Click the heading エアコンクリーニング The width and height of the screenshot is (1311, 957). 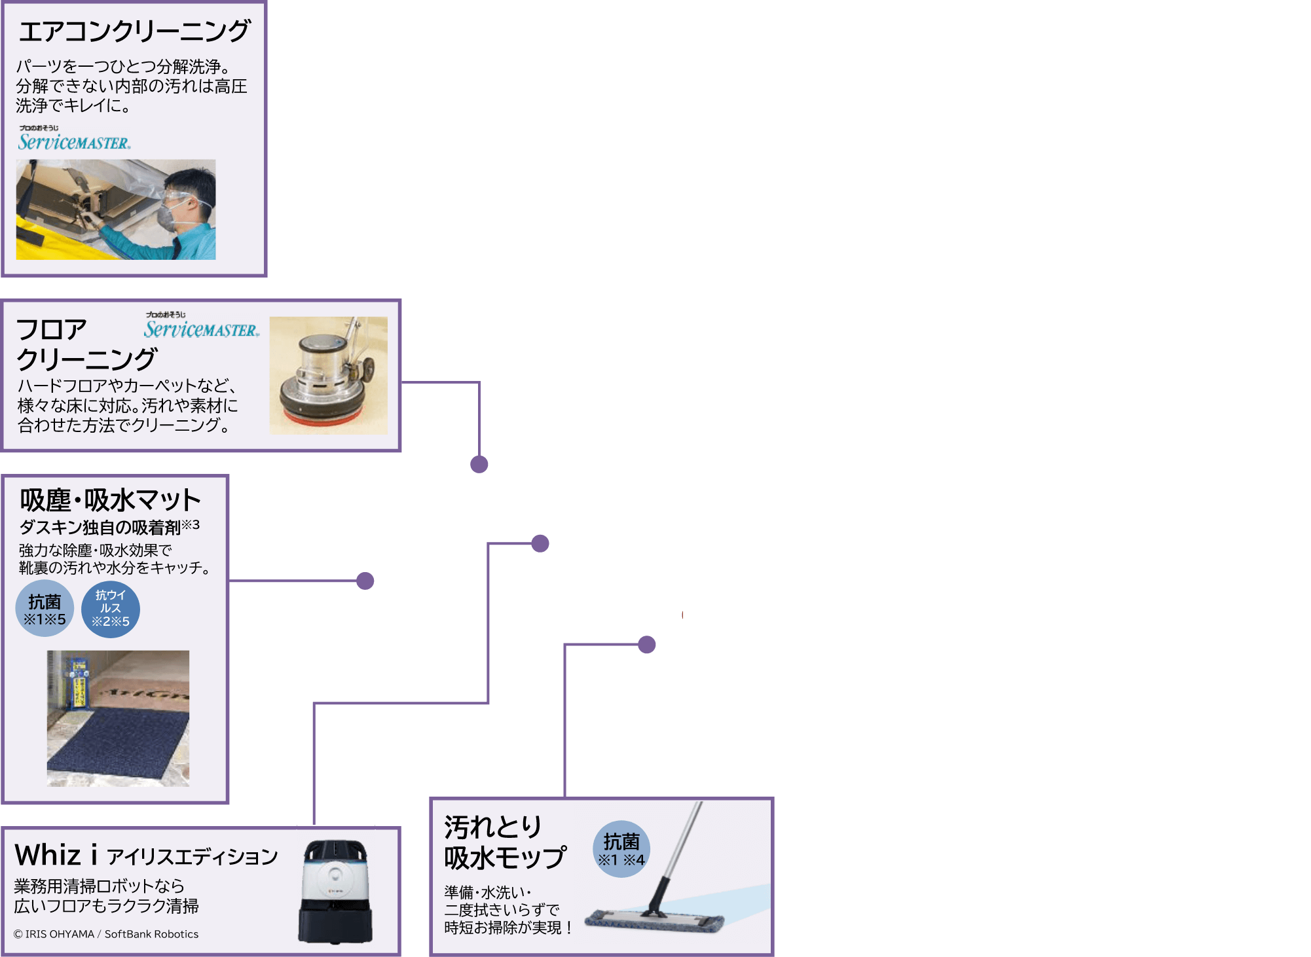[x=134, y=31]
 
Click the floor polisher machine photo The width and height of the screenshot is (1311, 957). [x=328, y=375]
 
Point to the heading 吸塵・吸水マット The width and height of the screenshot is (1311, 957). [x=110, y=500]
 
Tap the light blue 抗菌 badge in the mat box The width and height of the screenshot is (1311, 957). [x=45, y=608]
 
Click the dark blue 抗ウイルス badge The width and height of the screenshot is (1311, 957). [x=110, y=609]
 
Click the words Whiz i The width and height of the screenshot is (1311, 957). [x=56, y=855]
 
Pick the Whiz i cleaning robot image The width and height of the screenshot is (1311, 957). [x=336, y=890]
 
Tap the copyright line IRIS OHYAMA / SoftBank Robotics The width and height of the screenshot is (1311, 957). [x=106, y=934]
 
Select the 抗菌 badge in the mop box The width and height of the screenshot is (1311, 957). [x=621, y=848]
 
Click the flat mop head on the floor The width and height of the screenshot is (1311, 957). [x=654, y=920]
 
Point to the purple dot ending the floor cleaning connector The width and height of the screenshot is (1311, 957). [x=479, y=464]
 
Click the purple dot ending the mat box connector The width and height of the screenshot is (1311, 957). [x=365, y=581]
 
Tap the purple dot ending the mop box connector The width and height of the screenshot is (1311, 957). [x=646, y=645]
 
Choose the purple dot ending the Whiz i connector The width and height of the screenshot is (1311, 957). [x=540, y=543]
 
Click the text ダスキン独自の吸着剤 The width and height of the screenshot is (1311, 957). [x=100, y=527]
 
